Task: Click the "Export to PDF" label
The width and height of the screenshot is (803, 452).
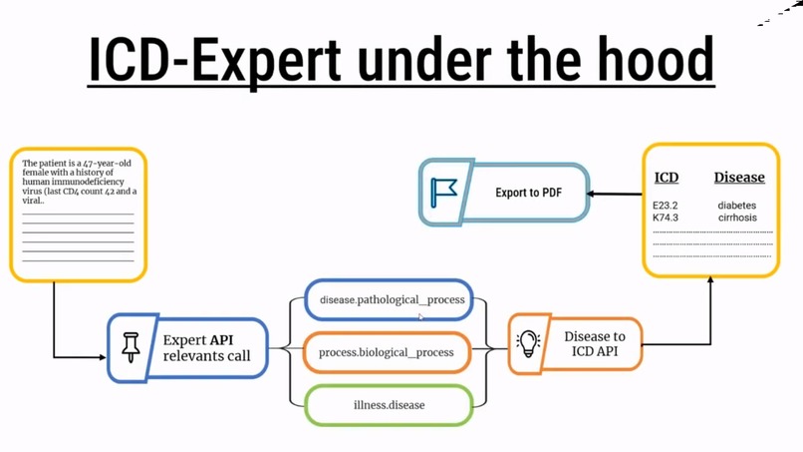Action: point(528,192)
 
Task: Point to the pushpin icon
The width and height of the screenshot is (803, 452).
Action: point(131,347)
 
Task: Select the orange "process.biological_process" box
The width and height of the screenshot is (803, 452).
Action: point(387,352)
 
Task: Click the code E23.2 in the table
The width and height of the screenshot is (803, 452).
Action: point(666,206)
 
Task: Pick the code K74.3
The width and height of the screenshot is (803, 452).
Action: point(666,218)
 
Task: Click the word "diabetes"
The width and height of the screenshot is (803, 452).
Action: point(737,206)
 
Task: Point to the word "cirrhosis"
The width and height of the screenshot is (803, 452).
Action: point(737,218)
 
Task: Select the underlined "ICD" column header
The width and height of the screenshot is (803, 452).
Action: point(667,178)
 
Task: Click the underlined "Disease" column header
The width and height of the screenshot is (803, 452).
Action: point(739,178)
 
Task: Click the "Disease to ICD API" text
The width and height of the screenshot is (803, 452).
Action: point(595,344)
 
